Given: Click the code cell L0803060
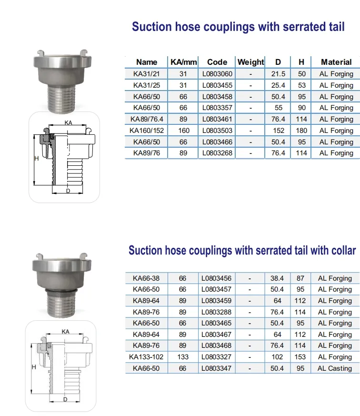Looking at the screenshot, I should [217, 74].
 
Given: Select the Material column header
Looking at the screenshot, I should [336, 62].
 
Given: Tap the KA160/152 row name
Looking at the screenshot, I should [147, 131].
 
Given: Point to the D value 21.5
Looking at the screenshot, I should [278, 74].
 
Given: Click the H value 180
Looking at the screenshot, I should [301, 131].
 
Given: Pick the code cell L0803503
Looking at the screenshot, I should [217, 131].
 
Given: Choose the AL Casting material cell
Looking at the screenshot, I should [335, 368].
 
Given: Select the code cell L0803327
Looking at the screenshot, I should [217, 357].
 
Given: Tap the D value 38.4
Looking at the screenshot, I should [277, 278].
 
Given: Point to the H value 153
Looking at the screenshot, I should [300, 357].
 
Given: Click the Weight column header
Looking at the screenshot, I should [250, 62].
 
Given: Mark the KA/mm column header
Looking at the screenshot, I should [183, 62].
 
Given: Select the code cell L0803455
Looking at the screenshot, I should [217, 85].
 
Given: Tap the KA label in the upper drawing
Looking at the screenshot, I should [68, 122].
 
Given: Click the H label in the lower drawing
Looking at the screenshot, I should [34, 367].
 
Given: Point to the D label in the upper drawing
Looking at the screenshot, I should [68, 192].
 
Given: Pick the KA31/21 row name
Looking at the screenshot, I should [147, 74].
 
